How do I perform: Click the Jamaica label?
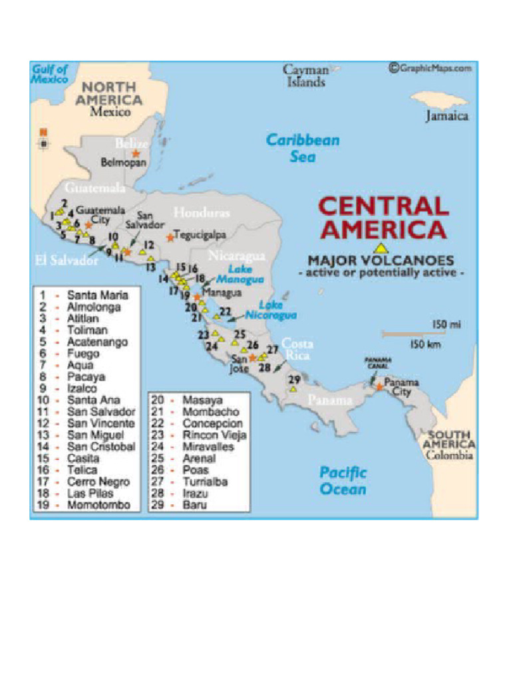pos(447,116)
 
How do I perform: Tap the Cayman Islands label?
pos(306,75)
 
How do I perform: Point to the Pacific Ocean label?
pos(343,480)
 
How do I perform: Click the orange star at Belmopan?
pos(136,153)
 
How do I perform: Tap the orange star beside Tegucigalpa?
pos(170,236)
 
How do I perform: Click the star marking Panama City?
pos(379,386)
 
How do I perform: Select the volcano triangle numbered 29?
pos(293,388)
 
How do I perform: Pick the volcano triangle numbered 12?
pos(142,252)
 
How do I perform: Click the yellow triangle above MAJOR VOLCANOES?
pos(381,248)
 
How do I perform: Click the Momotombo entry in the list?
pos(98,506)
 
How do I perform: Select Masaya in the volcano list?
pos(202,400)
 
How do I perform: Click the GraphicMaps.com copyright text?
pos(431,67)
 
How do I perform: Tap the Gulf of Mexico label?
pos(49,73)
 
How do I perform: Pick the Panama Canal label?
pos(377,363)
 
